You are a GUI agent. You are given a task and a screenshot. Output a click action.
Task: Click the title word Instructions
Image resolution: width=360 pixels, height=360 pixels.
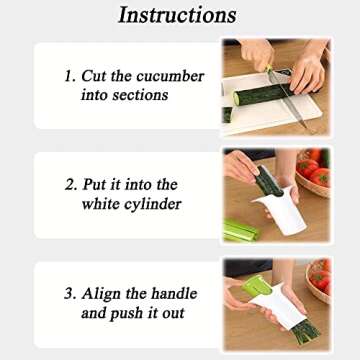[x=177, y=14]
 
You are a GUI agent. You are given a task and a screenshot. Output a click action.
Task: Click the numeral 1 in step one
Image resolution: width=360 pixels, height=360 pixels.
[x=67, y=77]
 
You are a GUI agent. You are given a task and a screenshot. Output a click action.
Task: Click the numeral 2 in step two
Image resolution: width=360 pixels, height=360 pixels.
[x=67, y=185]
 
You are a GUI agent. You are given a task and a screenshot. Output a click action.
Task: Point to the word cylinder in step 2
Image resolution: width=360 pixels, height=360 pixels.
[x=150, y=203]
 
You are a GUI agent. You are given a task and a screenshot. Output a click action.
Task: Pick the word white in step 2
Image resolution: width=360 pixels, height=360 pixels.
[x=102, y=203]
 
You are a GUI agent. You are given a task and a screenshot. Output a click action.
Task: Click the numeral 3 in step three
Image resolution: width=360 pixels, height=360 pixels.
[x=67, y=294]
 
